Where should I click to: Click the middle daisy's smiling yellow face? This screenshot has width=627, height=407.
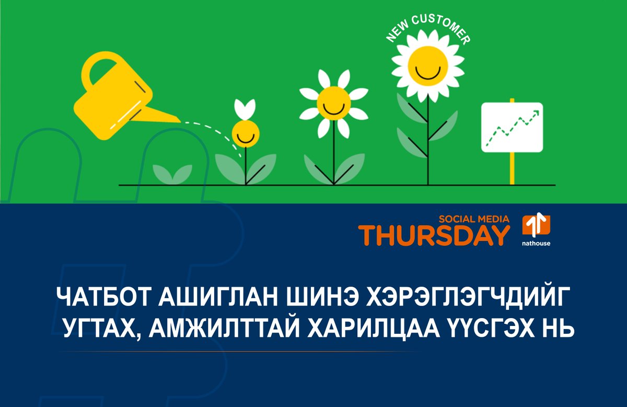point(332,103)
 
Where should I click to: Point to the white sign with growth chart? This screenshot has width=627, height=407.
point(512,127)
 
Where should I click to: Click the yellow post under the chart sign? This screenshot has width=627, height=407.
point(512,167)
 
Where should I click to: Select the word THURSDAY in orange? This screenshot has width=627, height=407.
point(433,235)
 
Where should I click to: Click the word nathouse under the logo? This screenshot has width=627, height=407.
point(536,243)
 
